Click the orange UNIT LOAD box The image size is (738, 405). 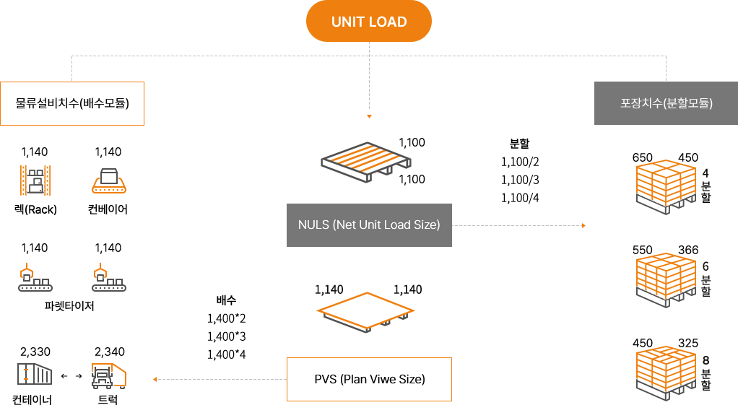pyautogui.click(x=368, y=21)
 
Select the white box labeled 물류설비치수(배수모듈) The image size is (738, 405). pyautogui.click(x=71, y=103)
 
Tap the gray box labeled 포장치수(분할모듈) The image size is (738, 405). pyautogui.click(x=665, y=103)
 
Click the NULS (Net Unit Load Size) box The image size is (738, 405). pyautogui.click(x=368, y=225)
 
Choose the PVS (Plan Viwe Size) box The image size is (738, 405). pyautogui.click(x=369, y=378)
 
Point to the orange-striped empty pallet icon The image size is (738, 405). pyautogui.click(x=368, y=162)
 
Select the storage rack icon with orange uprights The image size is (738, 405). pyautogui.click(x=35, y=180)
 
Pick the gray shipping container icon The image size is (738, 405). pyautogui.click(x=35, y=375)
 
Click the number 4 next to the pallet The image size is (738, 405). pyautogui.click(x=706, y=173)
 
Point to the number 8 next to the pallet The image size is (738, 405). pyautogui.click(x=706, y=360)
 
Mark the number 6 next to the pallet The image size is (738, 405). pyautogui.click(x=706, y=266)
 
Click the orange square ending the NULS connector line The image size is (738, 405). pyautogui.click(x=583, y=226)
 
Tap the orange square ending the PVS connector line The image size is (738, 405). pyautogui.click(x=155, y=379)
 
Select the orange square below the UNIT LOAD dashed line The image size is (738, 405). pyautogui.click(x=369, y=117)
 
